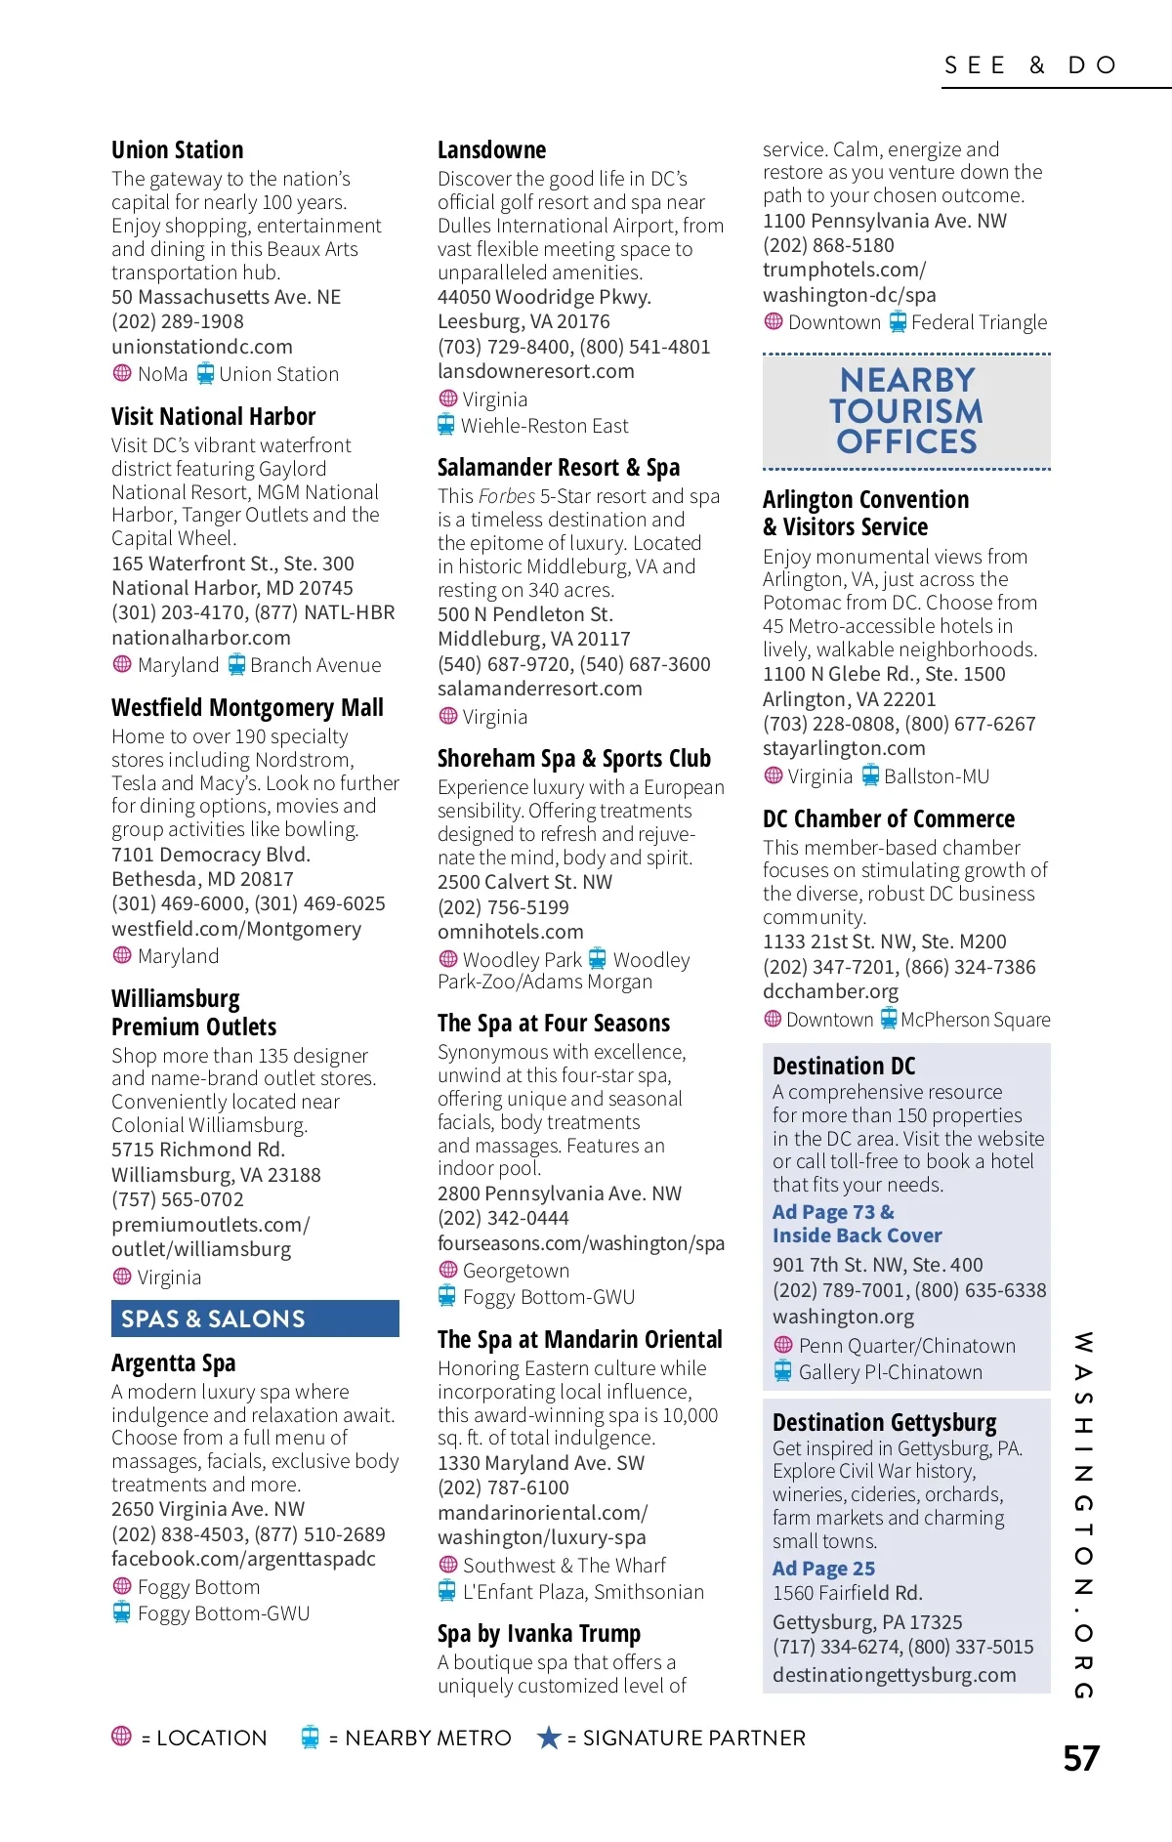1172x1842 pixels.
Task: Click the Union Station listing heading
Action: (x=177, y=150)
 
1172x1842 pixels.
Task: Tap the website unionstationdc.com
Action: (x=201, y=347)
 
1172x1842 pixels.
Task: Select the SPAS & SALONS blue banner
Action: (x=255, y=1319)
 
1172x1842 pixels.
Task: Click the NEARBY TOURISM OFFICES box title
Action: (x=906, y=411)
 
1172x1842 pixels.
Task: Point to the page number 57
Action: (x=1081, y=1759)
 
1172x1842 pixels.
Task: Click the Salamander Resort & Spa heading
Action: (x=558, y=468)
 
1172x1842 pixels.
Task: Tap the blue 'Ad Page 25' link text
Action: (x=823, y=1569)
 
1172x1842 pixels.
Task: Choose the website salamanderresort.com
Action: (x=539, y=689)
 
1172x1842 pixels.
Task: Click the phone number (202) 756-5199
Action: (x=503, y=907)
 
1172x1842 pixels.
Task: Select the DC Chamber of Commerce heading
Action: (x=888, y=819)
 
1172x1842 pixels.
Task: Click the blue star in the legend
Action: (x=549, y=1737)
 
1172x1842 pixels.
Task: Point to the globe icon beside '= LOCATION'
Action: (x=122, y=1737)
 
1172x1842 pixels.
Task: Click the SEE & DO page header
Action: (x=1030, y=65)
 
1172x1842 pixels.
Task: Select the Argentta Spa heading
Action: (x=173, y=1363)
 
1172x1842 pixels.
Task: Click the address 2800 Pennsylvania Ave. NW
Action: (x=559, y=1193)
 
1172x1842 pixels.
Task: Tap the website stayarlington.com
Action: (x=844, y=748)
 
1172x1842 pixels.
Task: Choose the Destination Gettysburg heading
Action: (x=884, y=1423)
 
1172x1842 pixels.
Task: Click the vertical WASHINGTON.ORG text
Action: (x=1083, y=1514)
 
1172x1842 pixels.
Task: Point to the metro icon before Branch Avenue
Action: (x=236, y=665)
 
